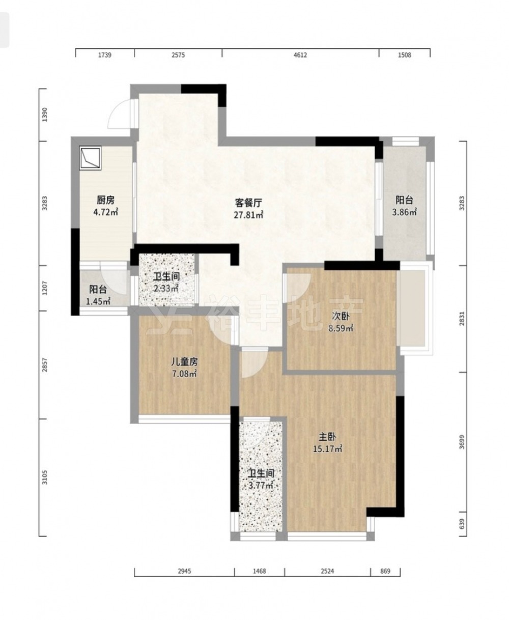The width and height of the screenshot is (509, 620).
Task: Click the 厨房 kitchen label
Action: point(105,200)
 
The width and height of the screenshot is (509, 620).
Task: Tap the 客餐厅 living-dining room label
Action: point(248,203)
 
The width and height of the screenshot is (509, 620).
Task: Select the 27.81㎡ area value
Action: point(248,215)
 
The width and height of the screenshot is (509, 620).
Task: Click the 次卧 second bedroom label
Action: point(341,316)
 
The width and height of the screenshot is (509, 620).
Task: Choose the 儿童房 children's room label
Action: point(184,361)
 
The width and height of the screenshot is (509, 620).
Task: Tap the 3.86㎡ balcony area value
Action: point(404,212)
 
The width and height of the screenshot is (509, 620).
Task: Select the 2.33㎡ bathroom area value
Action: point(166,289)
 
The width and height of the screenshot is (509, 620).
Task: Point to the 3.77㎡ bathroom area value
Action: point(261,486)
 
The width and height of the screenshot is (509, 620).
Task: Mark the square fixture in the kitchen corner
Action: point(90,158)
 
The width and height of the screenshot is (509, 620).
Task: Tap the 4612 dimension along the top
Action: point(300,55)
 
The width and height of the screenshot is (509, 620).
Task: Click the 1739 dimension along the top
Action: point(104,55)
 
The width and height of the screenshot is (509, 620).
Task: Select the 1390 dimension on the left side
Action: point(44,115)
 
